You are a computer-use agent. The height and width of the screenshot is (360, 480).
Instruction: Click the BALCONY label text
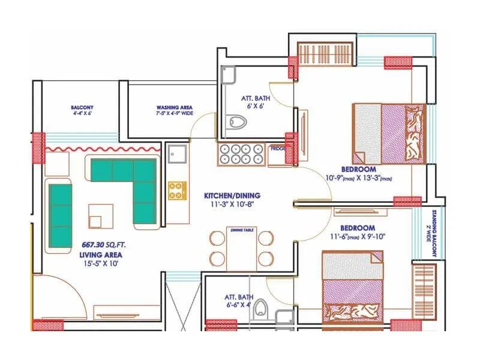(x=82, y=108)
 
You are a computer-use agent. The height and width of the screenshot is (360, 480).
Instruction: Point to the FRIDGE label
(x=277, y=148)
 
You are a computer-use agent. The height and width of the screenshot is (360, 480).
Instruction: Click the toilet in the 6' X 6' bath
(x=238, y=123)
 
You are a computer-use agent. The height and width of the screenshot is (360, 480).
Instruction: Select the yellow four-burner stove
(x=175, y=191)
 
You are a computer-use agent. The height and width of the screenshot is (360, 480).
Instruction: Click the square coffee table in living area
(x=100, y=214)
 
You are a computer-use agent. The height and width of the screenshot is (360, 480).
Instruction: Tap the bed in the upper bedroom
(x=389, y=134)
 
